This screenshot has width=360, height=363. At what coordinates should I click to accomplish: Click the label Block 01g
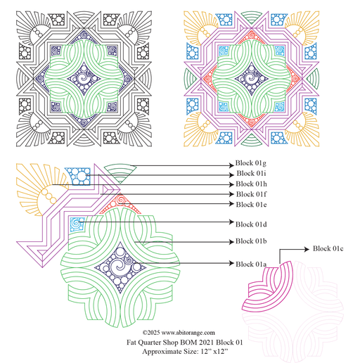pyautogui.click(x=251, y=163)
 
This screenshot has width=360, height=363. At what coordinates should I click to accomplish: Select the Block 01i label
pyautogui.click(x=251, y=174)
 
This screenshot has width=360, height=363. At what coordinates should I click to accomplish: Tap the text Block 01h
pyautogui.click(x=251, y=184)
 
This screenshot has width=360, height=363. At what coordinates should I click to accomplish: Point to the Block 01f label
pyautogui.click(x=251, y=194)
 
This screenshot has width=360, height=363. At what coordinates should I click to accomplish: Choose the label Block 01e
pyautogui.click(x=251, y=205)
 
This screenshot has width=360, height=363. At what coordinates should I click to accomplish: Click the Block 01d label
pyautogui.click(x=251, y=224)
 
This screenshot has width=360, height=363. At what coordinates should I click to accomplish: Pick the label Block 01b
pyautogui.click(x=251, y=241)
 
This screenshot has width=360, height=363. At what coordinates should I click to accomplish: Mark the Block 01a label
pyautogui.click(x=251, y=265)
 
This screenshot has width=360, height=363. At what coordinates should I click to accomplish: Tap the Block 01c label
pyautogui.click(x=328, y=248)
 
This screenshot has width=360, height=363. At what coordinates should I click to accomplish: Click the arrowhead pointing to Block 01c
pyautogui.click(x=307, y=249)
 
